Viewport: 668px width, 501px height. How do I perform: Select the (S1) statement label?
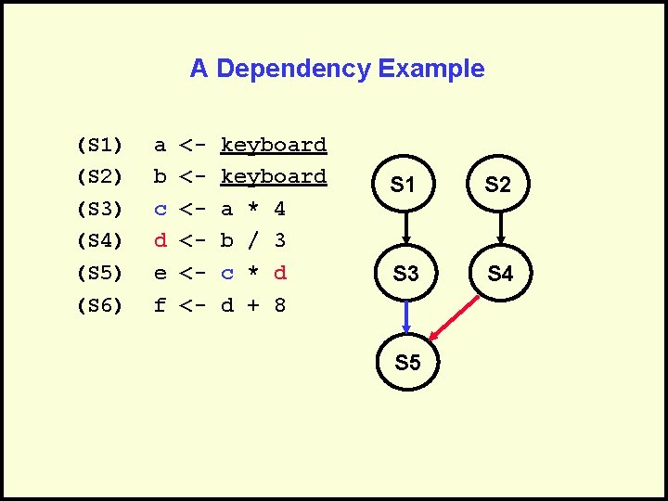point(100,145)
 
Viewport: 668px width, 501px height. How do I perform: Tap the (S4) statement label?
point(100,240)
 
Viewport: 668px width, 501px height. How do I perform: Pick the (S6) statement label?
point(100,304)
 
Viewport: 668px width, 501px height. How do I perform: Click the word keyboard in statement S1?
point(274,145)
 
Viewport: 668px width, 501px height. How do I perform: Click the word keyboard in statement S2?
point(274,176)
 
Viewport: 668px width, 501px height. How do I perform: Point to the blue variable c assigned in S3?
point(161,209)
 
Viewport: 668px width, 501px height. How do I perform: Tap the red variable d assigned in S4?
point(161,240)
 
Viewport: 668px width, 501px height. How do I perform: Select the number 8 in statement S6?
point(280,304)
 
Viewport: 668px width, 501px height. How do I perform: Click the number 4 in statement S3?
point(280,209)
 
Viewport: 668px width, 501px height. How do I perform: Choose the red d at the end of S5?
point(280,273)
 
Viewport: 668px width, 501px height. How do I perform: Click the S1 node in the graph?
point(403,185)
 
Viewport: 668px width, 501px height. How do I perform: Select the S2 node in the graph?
point(498,185)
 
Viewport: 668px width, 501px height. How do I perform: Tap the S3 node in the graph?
point(405,274)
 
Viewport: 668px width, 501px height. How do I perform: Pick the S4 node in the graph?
point(500,274)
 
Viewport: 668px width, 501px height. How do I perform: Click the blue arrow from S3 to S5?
point(405,318)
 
